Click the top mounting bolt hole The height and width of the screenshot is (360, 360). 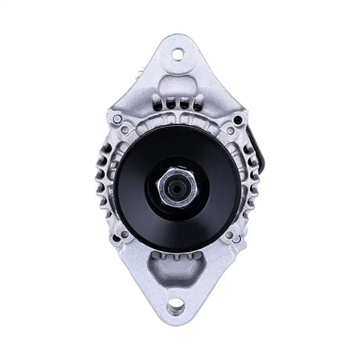177,53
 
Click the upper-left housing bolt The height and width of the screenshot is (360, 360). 117,119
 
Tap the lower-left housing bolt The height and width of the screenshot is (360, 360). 119,235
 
